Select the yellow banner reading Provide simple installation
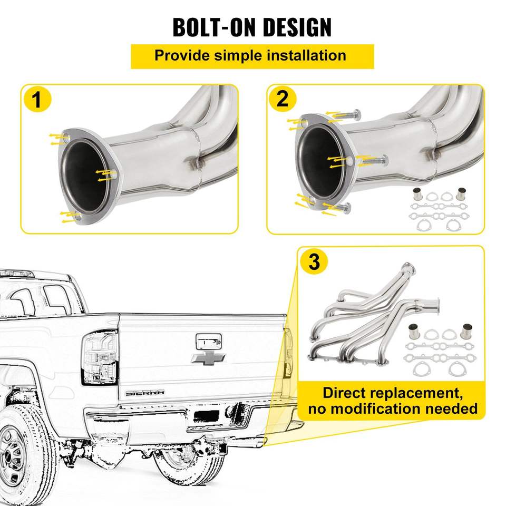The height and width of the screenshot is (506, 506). pos(252,56)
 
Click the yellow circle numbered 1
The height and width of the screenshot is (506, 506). pos(36,100)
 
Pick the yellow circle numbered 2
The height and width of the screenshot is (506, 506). pos(283,99)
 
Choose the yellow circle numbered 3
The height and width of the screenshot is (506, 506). pos(314,262)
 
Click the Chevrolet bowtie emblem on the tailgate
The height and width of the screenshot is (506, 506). pos(209,358)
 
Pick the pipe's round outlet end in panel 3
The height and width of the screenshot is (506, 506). pos(436,304)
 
